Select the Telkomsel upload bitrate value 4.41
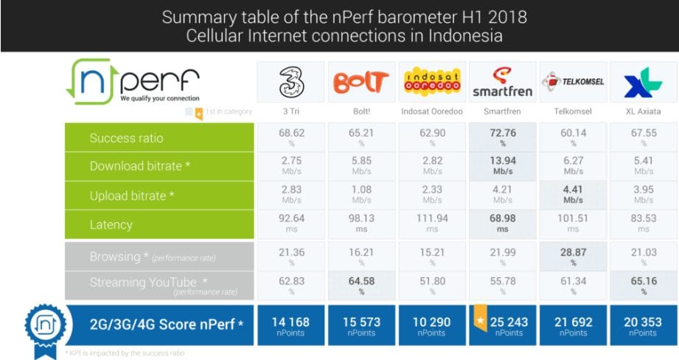click(x=574, y=189)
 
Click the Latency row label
click(x=111, y=225)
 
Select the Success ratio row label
click(x=126, y=138)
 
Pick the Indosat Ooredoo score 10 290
click(x=432, y=322)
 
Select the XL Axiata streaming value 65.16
click(x=644, y=281)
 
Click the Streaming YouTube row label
click(x=143, y=283)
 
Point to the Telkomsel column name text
click(x=574, y=111)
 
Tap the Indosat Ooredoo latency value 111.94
click(x=432, y=218)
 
